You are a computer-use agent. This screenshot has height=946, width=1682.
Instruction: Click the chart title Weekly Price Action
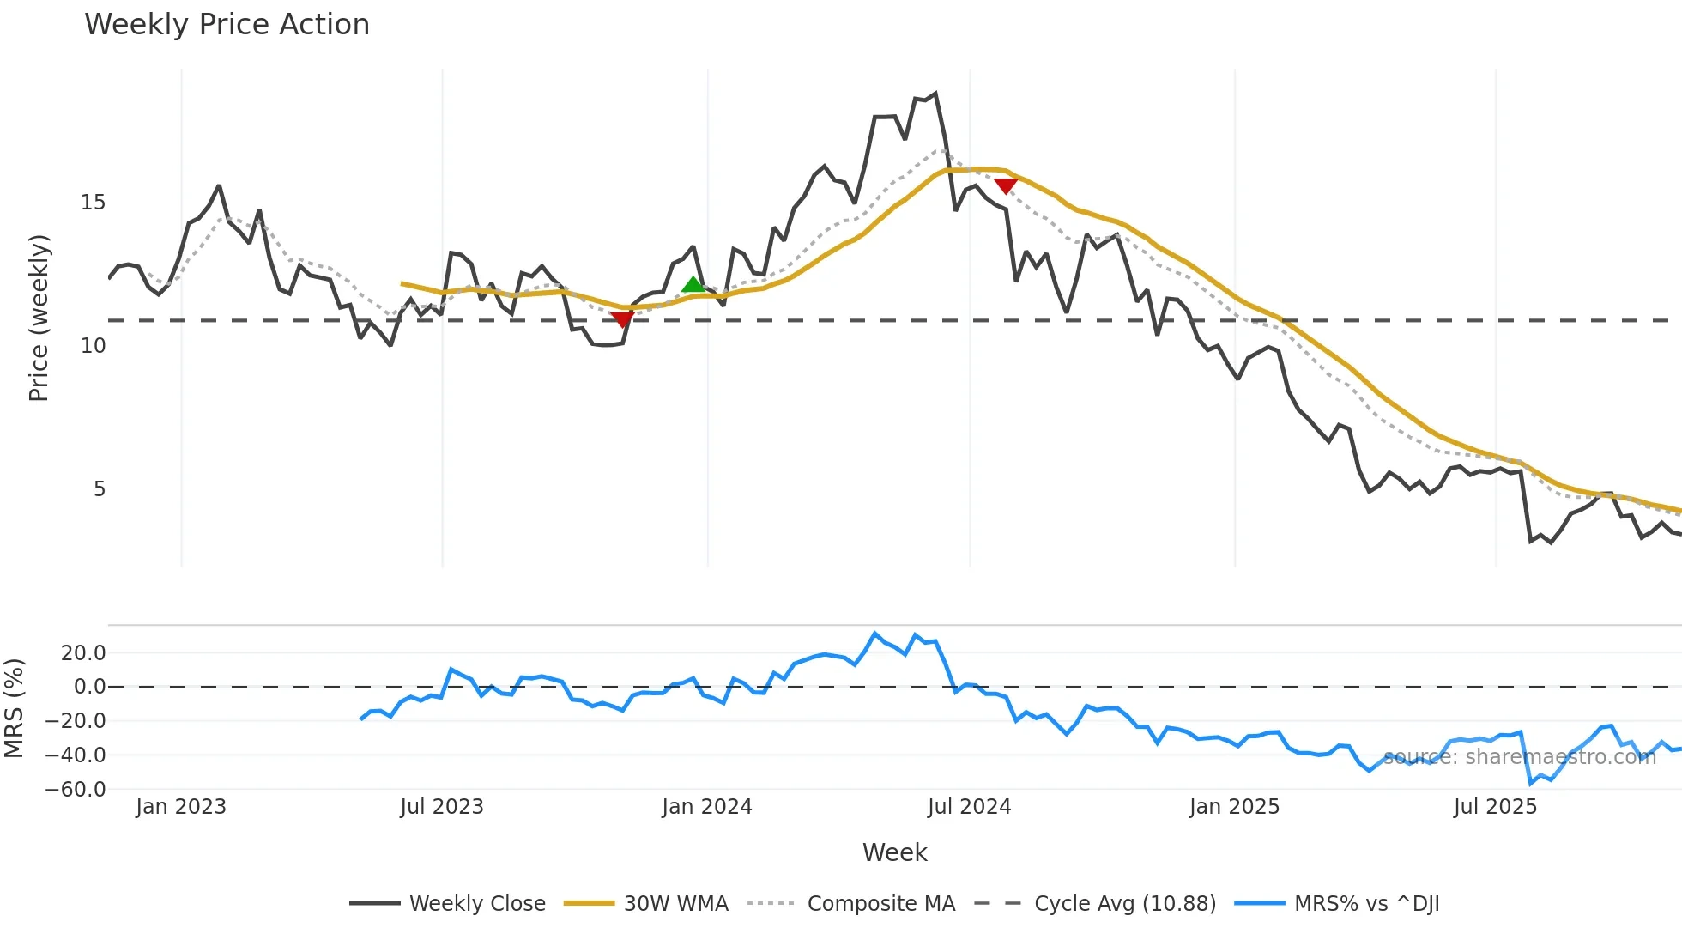227,25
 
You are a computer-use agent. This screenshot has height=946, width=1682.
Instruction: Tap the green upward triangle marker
693,285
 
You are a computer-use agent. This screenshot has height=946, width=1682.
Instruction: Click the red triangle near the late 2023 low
622,319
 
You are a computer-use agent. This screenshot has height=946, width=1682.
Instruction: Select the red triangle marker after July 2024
1006,185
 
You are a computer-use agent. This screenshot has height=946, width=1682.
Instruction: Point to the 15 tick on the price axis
93,203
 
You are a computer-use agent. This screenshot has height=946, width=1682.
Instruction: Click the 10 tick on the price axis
93,346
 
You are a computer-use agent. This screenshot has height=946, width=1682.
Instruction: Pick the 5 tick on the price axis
99,489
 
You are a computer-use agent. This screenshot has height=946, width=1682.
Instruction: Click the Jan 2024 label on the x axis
707,807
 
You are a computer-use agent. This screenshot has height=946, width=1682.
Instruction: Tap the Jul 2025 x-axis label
1495,807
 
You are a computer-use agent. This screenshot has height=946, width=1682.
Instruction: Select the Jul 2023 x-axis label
442,807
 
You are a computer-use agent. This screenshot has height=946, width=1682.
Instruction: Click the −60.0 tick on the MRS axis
76,789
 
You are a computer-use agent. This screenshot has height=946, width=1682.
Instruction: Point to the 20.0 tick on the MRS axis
83,653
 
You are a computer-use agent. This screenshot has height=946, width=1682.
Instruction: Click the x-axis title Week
894,852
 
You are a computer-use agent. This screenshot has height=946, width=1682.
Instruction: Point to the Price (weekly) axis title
39,318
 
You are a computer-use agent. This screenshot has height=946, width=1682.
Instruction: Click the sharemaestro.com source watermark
1520,757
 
